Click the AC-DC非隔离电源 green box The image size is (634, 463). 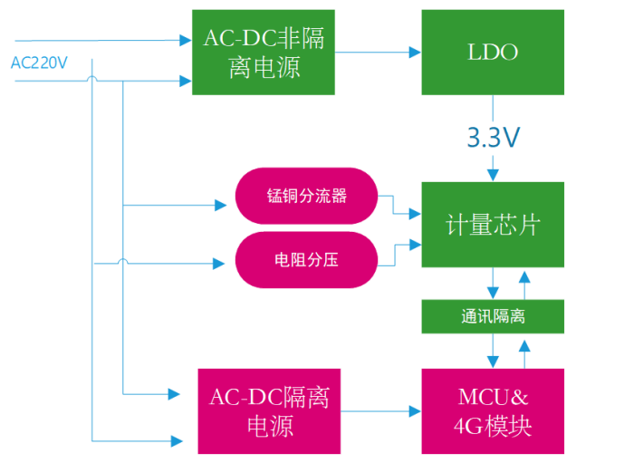point(264,53)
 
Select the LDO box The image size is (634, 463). point(493,53)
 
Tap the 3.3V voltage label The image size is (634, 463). point(493,138)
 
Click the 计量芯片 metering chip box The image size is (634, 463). point(493,225)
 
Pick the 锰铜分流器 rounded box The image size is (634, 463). point(306,196)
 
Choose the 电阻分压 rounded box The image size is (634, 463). point(306,260)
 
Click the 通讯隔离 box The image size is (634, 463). point(493,316)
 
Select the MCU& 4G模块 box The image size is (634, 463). point(493,410)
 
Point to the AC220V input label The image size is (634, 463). point(39,63)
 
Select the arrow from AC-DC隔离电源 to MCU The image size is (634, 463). point(381,410)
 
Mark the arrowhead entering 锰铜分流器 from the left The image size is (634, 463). point(220,206)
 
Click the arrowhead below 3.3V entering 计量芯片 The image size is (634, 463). point(493,174)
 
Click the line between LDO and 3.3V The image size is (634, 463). point(493,109)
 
